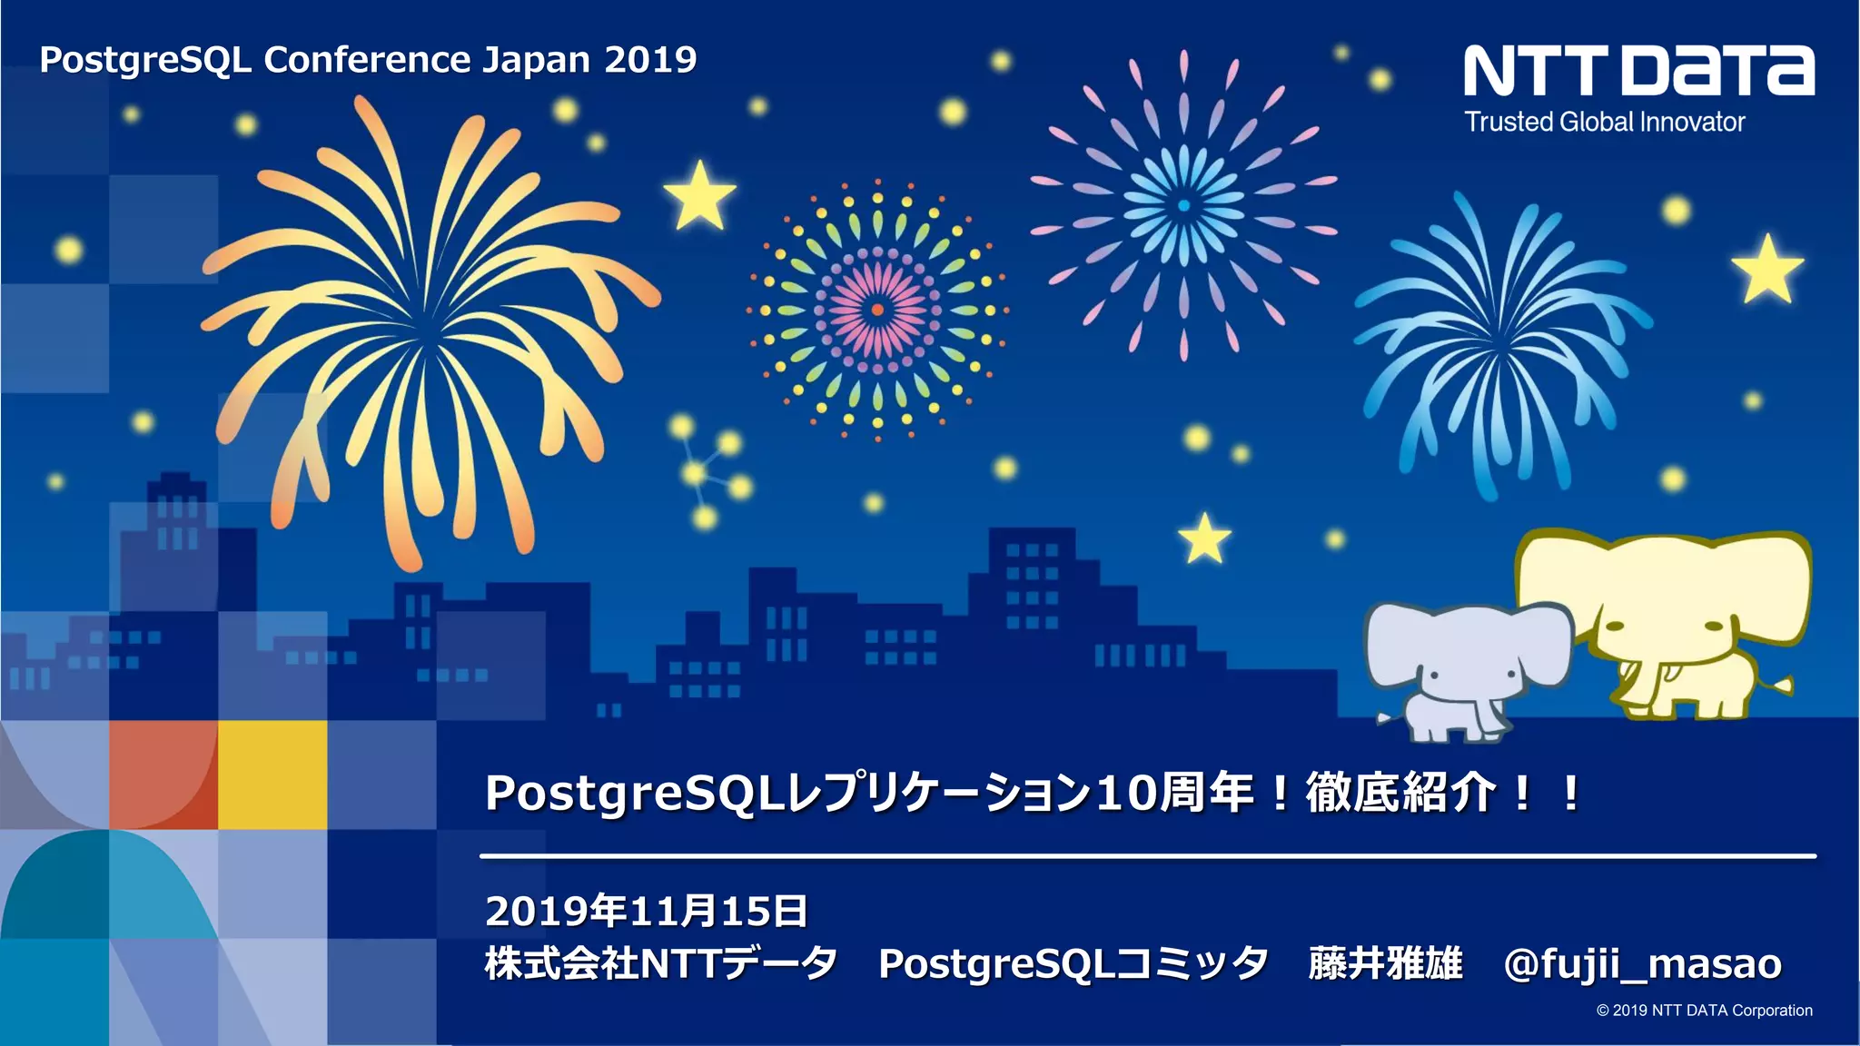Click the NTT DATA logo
click(1638, 71)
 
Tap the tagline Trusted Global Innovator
click(1604, 122)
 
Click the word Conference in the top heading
click(366, 60)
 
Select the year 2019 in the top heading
click(650, 60)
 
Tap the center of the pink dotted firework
click(877, 310)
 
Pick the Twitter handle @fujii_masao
click(1642, 963)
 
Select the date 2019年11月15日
click(646, 911)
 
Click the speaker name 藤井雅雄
click(1385, 963)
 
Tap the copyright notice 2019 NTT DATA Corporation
click(1704, 1011)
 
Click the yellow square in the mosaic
click(272, 775)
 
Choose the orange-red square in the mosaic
click(163, 775)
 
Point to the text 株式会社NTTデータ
click(660, 963)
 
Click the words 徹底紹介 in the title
click(1400, 793)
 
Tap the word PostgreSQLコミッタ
click(1073, 963)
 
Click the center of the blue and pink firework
click(1183, 206)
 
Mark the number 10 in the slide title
click(1127, 793)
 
